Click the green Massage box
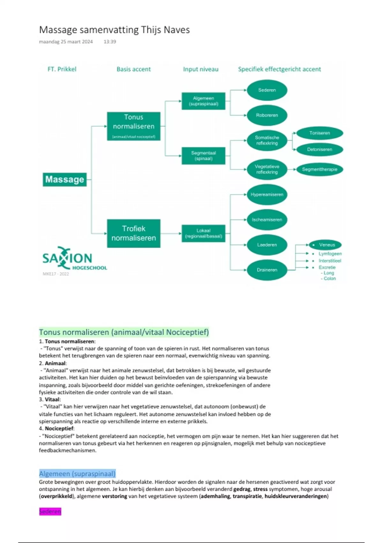coord(65,180)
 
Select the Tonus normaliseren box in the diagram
coord(134,126)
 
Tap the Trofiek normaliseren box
coord(134,233)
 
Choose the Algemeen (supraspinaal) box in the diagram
coord(203,101)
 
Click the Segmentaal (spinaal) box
coord(203,156)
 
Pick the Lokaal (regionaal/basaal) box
coord(203,233)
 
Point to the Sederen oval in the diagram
coord(267,90)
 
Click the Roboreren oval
coord(267,115)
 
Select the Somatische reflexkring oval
coord(267,141)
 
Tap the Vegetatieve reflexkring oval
coord(267,169)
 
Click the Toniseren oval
coord(319,133)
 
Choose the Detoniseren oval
coord(319,149)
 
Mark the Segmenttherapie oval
coord(319,169)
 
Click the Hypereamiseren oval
coord(267,195)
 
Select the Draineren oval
coord(267,270)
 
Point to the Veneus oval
coord(325,245)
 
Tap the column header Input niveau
coord(200,69)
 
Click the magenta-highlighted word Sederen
coord(50,511)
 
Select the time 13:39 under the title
coord(110,42)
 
